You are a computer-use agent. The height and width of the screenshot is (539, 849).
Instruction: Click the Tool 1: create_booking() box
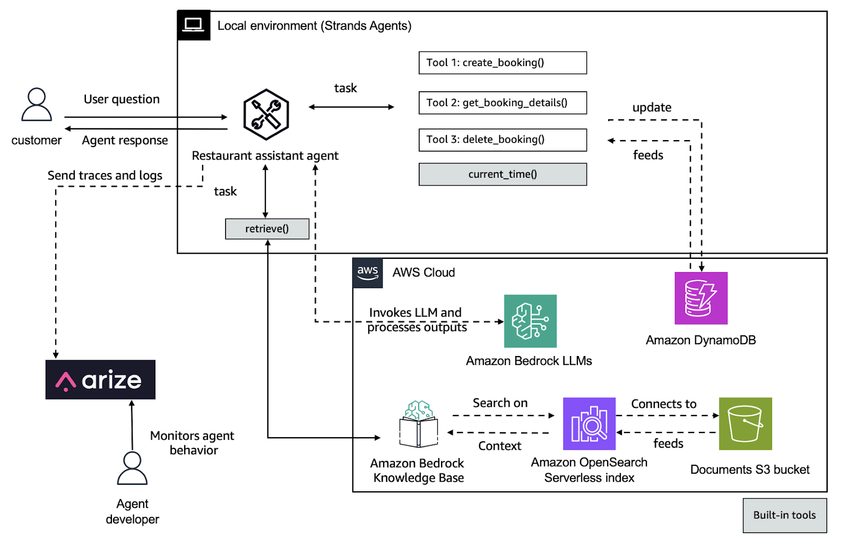[x=503, y=63]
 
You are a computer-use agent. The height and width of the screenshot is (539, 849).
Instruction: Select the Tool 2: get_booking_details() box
[x=503, y=103]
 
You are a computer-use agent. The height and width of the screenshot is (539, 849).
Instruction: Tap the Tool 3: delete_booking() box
[x=503, y=140]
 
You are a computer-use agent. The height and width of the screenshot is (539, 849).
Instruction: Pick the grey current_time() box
[x=503, y=175]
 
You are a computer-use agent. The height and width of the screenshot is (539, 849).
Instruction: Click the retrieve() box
[x=267, y=229]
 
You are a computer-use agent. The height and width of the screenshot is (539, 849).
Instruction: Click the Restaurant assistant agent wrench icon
[x=266, y=115]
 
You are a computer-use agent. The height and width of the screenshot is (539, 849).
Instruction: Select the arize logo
[x=100, y=380]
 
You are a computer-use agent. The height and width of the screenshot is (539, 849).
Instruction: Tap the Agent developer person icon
[x=132, y=468]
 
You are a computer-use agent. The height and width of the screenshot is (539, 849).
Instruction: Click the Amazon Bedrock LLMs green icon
[x=530, y=321]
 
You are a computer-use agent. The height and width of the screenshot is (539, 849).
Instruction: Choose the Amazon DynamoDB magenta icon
[x=700, y=298]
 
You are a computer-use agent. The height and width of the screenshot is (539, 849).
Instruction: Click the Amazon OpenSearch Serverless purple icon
[x=589, y=423]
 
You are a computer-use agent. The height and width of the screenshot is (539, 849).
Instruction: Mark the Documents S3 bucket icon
[x=745, y=423]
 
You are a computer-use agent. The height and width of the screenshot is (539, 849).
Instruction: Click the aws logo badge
[x=368, y=273]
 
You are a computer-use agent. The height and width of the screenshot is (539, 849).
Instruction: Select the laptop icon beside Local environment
[x=193, y=25]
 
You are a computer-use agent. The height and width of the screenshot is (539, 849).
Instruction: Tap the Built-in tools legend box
[x=784, y=515]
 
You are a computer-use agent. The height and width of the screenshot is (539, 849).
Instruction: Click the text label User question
[x=122, y=99]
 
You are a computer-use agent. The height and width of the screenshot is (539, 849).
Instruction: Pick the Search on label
[x=500, y=403]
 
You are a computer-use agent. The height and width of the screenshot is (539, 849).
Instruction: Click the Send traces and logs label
[x=105, y=176]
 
